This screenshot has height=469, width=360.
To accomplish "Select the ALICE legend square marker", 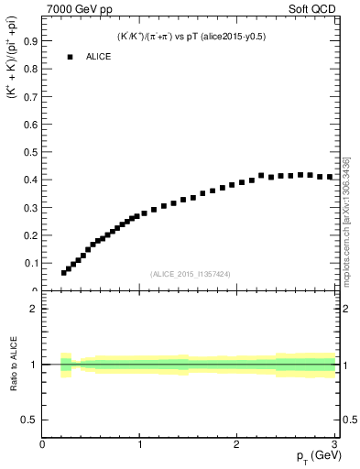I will [x=69, y=57].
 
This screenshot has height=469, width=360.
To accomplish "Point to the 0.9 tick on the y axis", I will [x=32, y=40].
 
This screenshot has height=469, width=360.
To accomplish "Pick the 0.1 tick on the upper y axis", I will [x=32, y=263].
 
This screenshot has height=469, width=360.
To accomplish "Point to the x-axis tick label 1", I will [x=139, y=445].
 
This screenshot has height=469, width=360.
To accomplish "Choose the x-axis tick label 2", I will [x=236, y=445].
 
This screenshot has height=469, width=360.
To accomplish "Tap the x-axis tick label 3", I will [x=333, y=445].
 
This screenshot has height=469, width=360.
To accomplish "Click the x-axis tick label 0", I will [x=43, y=445].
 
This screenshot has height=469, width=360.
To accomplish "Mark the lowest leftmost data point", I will [x=64, y=272].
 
